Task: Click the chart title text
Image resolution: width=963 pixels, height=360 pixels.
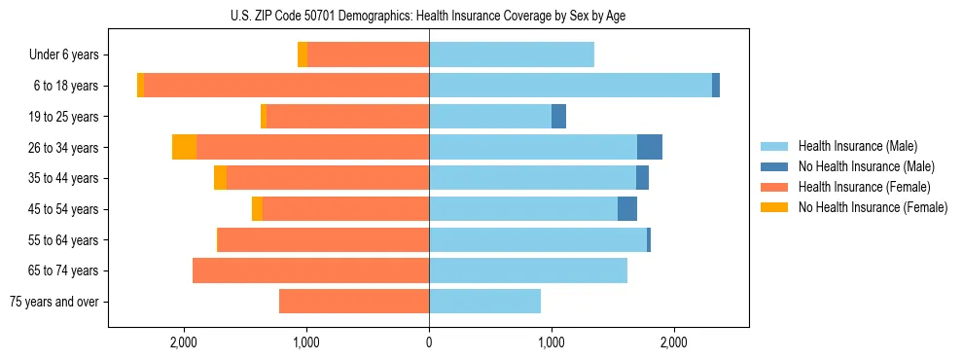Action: coord(429,16)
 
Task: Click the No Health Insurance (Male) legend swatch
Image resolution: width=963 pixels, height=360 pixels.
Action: coord(775,166)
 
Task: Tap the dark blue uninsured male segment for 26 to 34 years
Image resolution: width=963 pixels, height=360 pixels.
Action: coord(650,147)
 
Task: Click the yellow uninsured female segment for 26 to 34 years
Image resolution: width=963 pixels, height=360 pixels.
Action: coord(184,147)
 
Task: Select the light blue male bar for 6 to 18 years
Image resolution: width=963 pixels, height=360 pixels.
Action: coord(570,86)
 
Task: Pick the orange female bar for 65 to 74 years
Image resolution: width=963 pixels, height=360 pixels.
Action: coord(310,270)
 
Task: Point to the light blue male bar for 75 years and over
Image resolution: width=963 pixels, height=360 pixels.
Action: coord(484,302)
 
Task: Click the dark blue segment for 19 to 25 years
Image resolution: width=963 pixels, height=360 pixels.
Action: coord(558,117)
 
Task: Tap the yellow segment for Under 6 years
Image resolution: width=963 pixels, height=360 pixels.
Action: coord(303,55)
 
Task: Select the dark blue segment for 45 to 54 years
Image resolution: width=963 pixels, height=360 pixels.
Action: coord(627,209)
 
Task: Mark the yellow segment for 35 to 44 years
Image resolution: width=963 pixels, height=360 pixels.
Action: coord(220,178)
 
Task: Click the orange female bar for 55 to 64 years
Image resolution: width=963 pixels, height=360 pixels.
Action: coord(323,240)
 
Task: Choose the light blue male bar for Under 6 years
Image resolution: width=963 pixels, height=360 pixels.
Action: coord(512,55)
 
